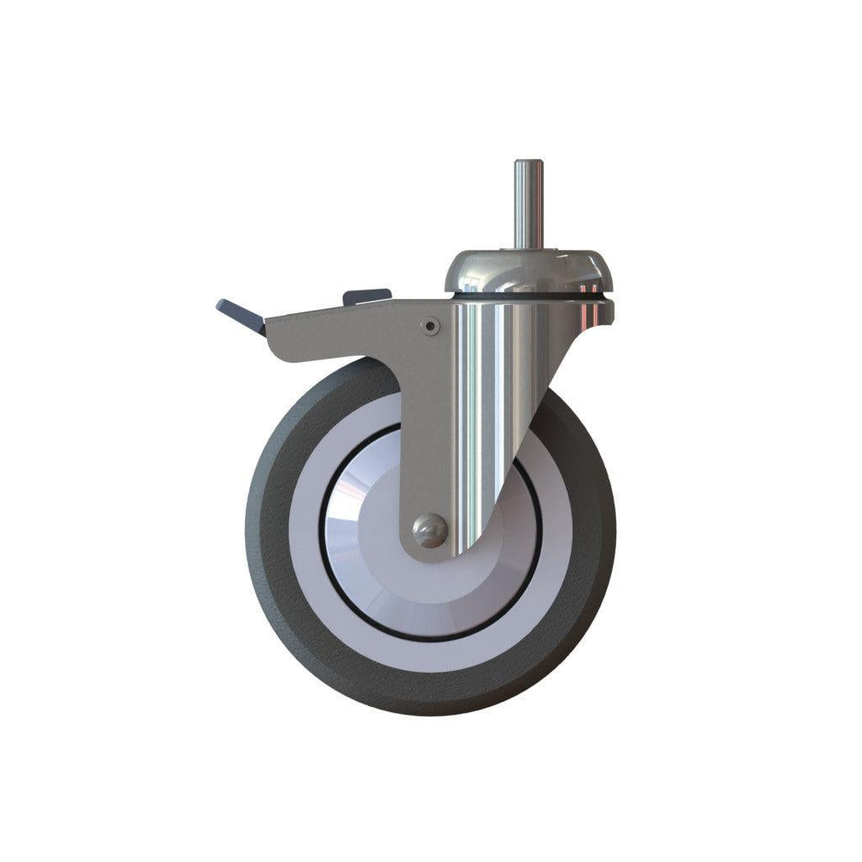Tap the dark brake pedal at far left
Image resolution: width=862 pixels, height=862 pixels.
tap(240, 312)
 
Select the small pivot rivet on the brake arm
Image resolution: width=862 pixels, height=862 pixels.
tap(431, 324)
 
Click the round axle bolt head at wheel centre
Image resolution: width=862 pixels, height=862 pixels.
tap(429, 531)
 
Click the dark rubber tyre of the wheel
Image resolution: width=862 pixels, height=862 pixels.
tap(278, 589)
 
